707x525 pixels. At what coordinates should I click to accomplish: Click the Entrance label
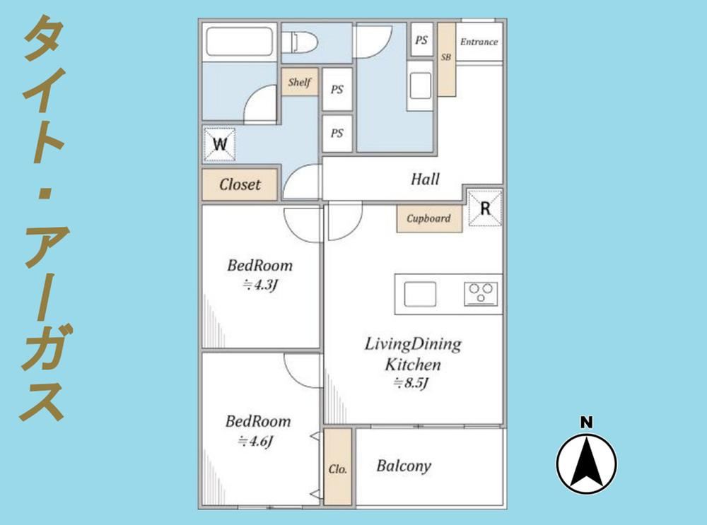[x=479, y=42]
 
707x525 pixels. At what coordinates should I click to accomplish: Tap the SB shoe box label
[x=446, y=57]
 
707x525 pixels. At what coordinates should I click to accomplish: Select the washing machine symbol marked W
[x=220, y=144]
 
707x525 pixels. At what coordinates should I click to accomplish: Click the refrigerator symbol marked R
[x=485, y=208]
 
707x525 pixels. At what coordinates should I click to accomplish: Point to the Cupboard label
[x=429, y=218]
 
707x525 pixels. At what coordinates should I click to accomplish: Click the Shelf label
[x=300, y=82]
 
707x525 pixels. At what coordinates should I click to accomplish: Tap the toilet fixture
[x=300, y=42]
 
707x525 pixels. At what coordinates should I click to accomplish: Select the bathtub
[x=240, y=42]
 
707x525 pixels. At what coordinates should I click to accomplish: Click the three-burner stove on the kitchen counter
[x=481, y=294]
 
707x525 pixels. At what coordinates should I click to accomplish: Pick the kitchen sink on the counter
[x=420, y=294]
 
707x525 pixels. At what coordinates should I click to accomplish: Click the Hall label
[x=425, y=179]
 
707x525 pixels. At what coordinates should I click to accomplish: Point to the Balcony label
[x=404, y=466]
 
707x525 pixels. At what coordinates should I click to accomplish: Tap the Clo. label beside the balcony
[x=338, y=469]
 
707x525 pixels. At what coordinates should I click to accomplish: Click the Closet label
[x=240, y=184]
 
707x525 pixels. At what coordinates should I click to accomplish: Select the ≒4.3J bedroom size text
[x=259, y=285]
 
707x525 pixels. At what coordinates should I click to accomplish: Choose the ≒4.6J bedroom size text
[x=256, y=441]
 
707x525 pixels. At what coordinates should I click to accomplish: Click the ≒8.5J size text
[x=410, y=383]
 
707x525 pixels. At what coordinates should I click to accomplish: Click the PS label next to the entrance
[x=421, y=40]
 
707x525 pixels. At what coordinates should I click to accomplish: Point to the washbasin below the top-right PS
[x=420, y=85]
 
